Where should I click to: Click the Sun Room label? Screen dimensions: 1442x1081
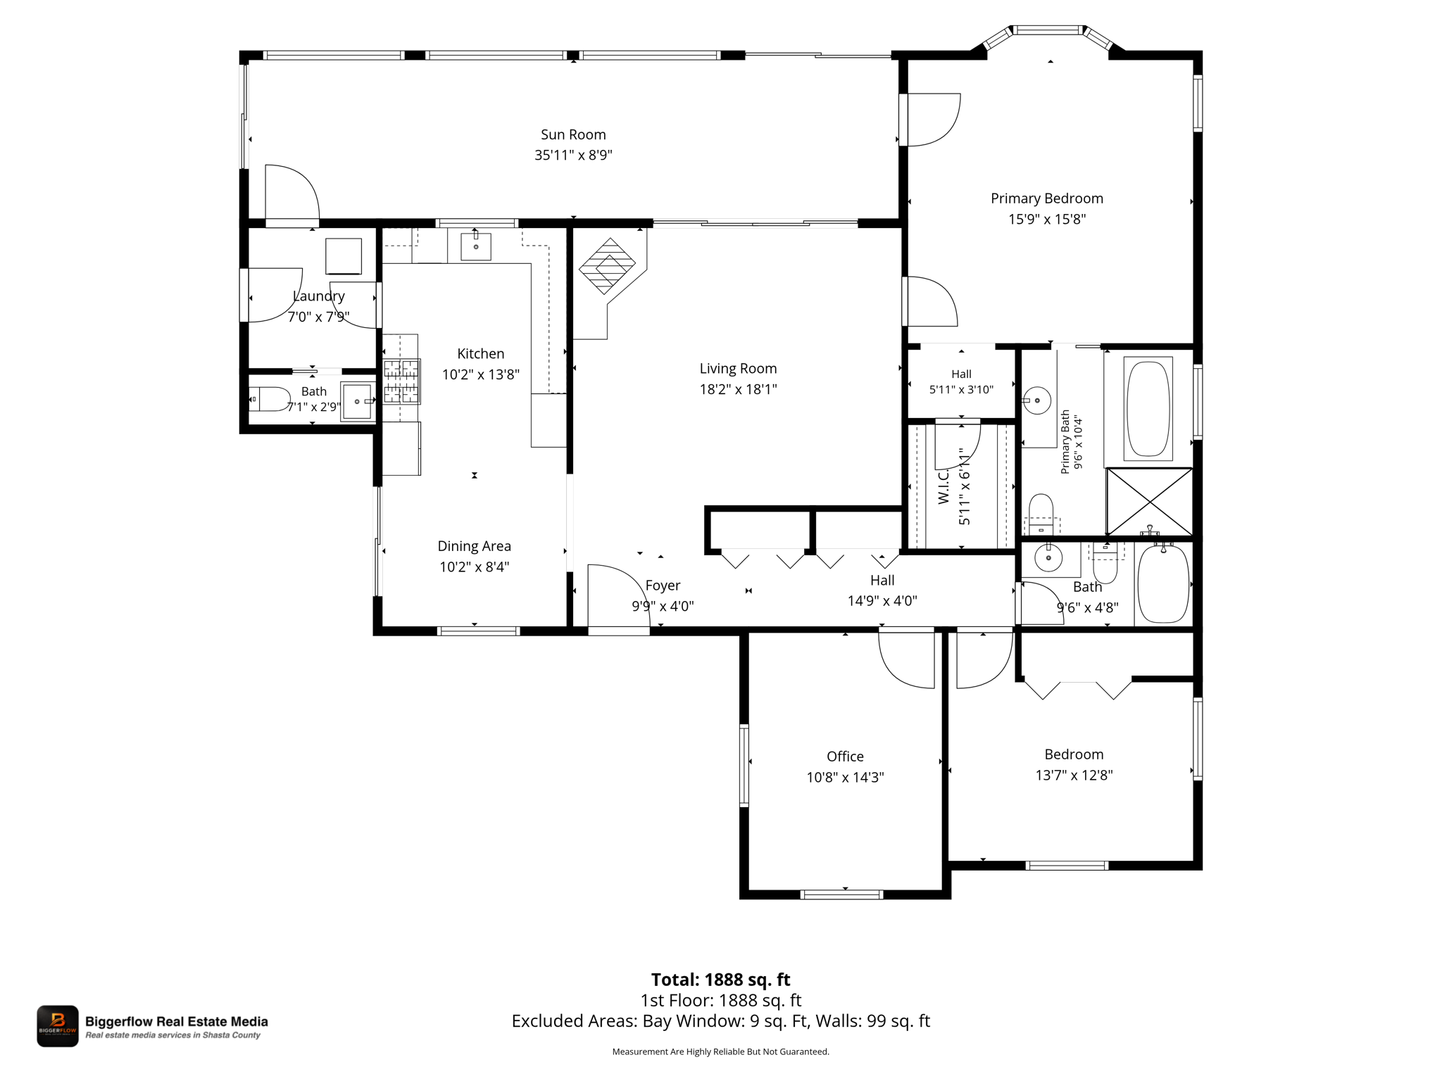573,134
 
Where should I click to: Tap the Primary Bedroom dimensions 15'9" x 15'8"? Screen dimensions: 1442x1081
1047,219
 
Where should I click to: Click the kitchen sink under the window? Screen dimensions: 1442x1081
476,246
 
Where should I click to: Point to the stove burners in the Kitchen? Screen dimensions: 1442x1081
401,381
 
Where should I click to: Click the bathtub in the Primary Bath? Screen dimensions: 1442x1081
1148,408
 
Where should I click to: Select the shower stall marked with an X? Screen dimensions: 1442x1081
1149,501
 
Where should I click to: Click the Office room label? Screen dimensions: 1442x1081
845,757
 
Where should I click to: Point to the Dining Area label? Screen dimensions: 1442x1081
474,546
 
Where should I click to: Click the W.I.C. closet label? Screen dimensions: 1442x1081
943,486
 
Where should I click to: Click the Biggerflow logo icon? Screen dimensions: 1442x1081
58,1025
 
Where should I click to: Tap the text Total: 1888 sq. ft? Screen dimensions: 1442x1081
720,980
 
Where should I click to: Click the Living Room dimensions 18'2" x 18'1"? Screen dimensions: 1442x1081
738,389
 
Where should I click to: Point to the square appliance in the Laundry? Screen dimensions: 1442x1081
344,256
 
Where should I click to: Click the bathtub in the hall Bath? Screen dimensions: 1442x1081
1163,583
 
